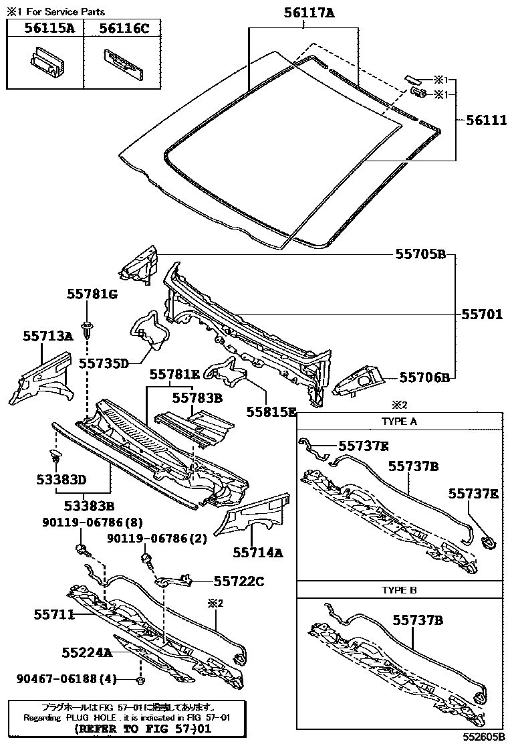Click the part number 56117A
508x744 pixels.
coord(303,11)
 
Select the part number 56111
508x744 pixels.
coord(481,120)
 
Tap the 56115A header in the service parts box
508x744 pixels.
coord(45,27)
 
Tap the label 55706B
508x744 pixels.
coord(425,377)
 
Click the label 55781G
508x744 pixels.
coord(92,294)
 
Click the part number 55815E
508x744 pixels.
coord(271,411)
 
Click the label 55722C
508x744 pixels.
coord(239,581)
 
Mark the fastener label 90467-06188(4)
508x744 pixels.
coord(67,679)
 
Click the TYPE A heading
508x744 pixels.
coord(399,422)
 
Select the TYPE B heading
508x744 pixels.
coord(399,590)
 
